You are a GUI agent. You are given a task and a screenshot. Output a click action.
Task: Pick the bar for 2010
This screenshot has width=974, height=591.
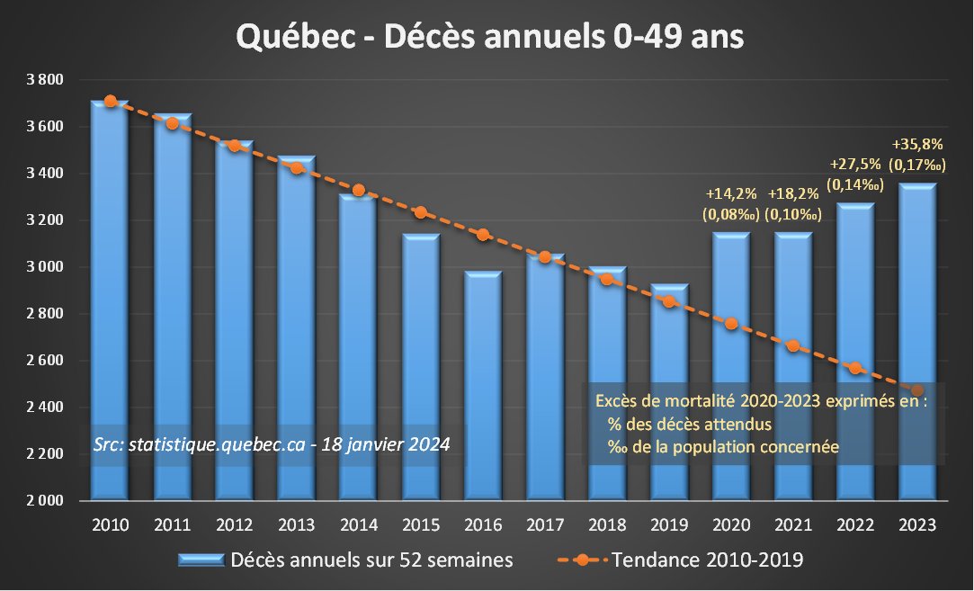tap(110, 297)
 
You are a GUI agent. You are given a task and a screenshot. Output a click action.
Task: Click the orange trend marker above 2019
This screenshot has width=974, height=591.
tap(669, 301)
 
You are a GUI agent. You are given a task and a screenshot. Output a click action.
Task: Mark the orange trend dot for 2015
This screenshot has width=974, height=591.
tap(421, 212)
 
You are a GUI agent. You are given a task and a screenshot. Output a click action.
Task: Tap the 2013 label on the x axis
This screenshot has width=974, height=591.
tap(297, 525)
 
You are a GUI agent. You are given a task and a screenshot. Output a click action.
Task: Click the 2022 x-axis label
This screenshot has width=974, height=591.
tap(855, 525)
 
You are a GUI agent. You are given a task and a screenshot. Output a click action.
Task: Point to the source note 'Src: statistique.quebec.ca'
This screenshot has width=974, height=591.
tap(272, 444)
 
